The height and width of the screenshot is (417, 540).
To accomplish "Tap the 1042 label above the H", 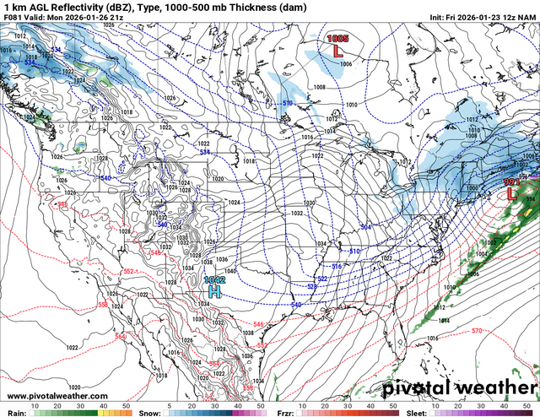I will coord(214,279).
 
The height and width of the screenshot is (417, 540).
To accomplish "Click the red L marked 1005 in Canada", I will coord(338,51).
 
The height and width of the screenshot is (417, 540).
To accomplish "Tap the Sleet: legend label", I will coord(415,412).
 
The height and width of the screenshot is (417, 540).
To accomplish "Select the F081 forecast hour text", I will coord(13,17).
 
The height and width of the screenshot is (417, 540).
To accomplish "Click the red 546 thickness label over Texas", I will coord(257,324).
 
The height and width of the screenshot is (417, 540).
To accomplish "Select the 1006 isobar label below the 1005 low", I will coord(346,63).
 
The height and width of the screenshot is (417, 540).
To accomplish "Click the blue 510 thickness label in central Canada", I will coord(287,103).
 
